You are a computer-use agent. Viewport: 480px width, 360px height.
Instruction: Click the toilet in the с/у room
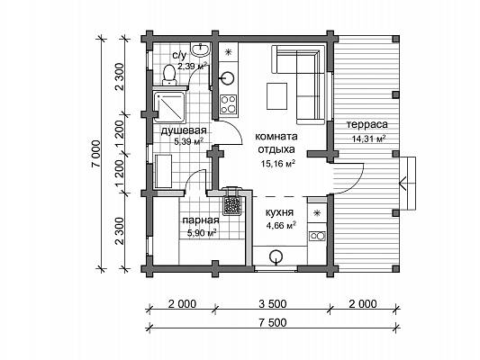169,75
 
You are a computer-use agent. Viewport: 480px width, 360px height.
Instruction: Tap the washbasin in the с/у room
201,49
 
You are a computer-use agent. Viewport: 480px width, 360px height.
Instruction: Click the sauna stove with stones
231,203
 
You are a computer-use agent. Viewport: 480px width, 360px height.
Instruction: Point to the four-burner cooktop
229,104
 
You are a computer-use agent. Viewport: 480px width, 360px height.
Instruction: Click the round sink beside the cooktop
227,77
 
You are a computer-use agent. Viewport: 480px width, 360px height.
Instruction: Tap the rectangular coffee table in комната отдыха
276,96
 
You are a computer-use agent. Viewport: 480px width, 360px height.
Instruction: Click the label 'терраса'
367,124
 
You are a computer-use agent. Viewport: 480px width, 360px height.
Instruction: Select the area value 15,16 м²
278,163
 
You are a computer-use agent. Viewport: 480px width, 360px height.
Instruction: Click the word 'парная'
201,220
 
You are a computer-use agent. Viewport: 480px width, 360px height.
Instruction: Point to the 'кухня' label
279,212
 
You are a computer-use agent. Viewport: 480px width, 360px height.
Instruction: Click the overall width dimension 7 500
273,323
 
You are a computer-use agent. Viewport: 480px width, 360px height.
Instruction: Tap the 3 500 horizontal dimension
273,304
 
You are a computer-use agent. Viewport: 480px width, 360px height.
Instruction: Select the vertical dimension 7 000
95,154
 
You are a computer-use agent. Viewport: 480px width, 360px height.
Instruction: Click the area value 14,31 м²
368,139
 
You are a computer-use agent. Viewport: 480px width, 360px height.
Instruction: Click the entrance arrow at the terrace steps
403,184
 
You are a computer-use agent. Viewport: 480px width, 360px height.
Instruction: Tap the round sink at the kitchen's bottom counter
276,256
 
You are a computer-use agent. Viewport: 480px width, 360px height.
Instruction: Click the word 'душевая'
184,130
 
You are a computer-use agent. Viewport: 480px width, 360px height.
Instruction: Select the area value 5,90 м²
202,233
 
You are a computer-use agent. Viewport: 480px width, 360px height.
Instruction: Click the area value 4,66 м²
281,226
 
